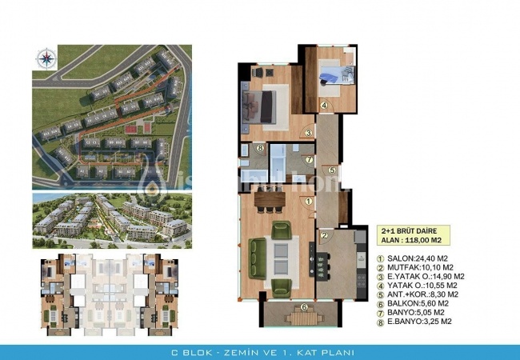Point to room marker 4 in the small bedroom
coord(324,105)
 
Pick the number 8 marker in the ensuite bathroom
coord(261,148)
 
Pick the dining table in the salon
coord(273,198)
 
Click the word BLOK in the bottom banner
coord(198,353)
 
